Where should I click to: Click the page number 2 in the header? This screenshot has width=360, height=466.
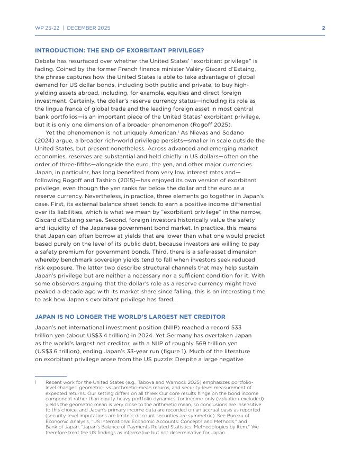click(x=323, y=28)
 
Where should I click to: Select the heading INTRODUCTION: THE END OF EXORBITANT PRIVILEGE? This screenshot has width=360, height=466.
click(x=119, y=50)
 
